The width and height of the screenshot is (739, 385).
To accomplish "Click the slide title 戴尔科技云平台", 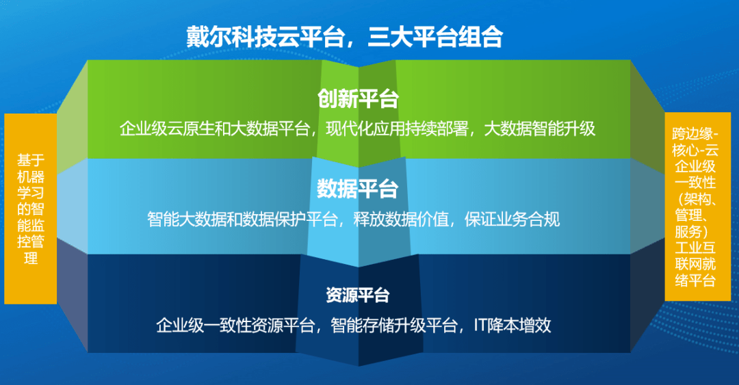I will (x=265, y=36).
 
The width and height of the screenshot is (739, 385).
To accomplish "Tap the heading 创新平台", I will (x=358, y=98).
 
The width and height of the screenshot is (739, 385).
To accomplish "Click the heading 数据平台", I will (x=358, y=188).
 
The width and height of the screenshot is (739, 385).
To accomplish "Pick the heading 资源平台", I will (x=358, y=295).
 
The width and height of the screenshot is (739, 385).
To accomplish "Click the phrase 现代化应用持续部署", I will (x=399, y=129).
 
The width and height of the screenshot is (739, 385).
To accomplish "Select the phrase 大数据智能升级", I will (x=540, y=129).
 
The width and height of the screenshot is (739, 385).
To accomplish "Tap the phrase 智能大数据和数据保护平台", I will (x=243, y=220).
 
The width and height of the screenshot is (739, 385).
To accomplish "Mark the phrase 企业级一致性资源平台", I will (x=235, y=325).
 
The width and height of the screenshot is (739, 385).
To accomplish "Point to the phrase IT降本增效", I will (x=513, y=325).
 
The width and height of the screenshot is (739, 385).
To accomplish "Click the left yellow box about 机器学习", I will (x=30, y=209).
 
